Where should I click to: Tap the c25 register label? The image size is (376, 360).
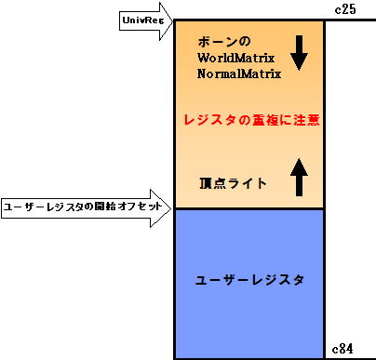click(344, 8)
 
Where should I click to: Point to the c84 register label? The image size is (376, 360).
click(343, 349)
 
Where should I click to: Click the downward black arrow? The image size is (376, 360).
click(298, 53)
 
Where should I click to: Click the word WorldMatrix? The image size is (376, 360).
click(235, 58)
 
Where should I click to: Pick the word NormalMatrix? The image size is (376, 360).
click(238, 73)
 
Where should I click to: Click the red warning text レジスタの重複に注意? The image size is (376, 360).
click(252, 121)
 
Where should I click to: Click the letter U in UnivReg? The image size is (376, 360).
click(126, 20)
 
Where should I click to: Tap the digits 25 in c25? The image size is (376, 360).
click(348, 8)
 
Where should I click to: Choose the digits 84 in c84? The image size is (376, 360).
click(347, 349)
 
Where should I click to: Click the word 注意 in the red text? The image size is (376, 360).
click(308, 121)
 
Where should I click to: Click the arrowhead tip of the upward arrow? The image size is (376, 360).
click(298, 157)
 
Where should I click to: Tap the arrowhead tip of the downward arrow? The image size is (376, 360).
click(298, 70)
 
